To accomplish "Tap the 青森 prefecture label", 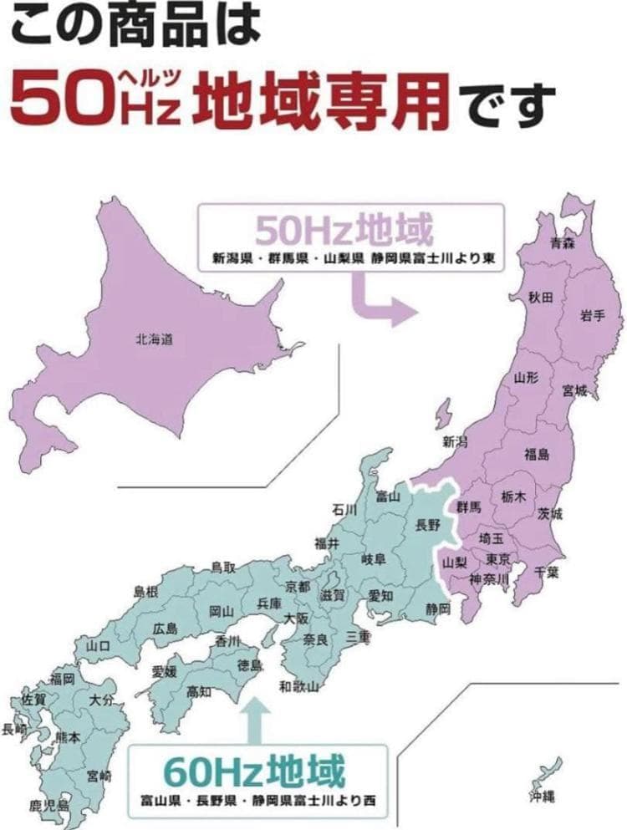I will click(x=563, y=243).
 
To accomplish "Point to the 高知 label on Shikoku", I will click(x=199, y=690).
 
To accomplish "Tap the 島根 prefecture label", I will click(x=146, y=592).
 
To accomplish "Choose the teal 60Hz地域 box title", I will click(x=255, y=766).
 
